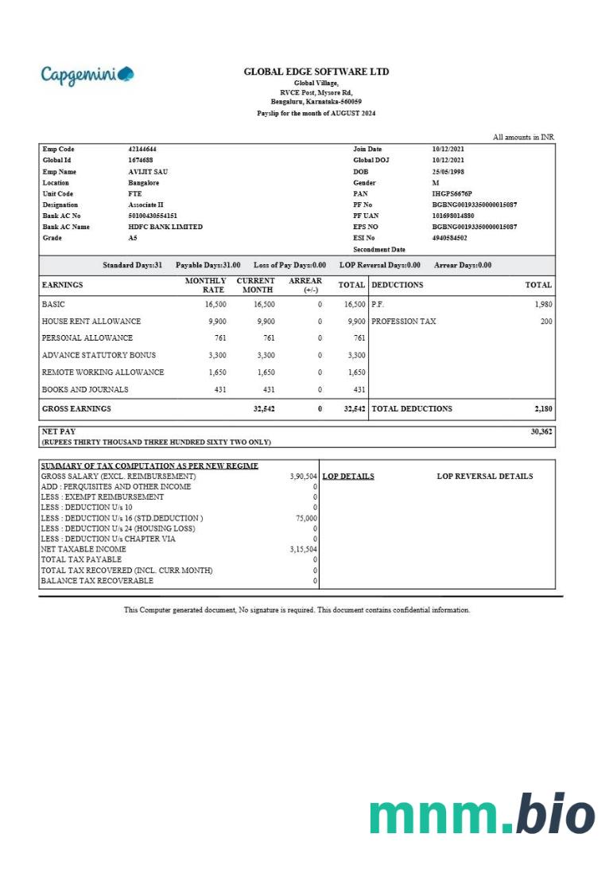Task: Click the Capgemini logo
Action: tap(87, 75)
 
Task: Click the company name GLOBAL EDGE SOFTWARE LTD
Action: tap(316, 72)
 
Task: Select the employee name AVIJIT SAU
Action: tap(148, 171)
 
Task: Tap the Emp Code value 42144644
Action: tap(142, 149)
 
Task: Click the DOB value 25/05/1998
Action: tap(448, 171)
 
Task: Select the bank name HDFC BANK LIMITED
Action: tap(165, 227)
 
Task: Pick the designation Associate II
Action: tap(145, 205)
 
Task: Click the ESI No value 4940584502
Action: tap(449, 238)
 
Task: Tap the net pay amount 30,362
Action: tap(541, 431)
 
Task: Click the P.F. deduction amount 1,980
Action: tap(543, 304)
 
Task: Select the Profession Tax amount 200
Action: tap(546, 321)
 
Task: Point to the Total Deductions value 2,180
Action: tap(542, 408)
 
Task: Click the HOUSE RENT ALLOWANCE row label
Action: tap(91, 321)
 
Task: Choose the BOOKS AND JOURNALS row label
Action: tap(85, 390)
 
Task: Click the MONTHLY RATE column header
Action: tap(205, 285)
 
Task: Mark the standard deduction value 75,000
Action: tap(305, 518)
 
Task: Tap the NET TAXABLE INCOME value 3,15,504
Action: tap(303, 549)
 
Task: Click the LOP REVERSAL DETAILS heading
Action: tap(485, 477)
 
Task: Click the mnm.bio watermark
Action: tap(482, 814)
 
